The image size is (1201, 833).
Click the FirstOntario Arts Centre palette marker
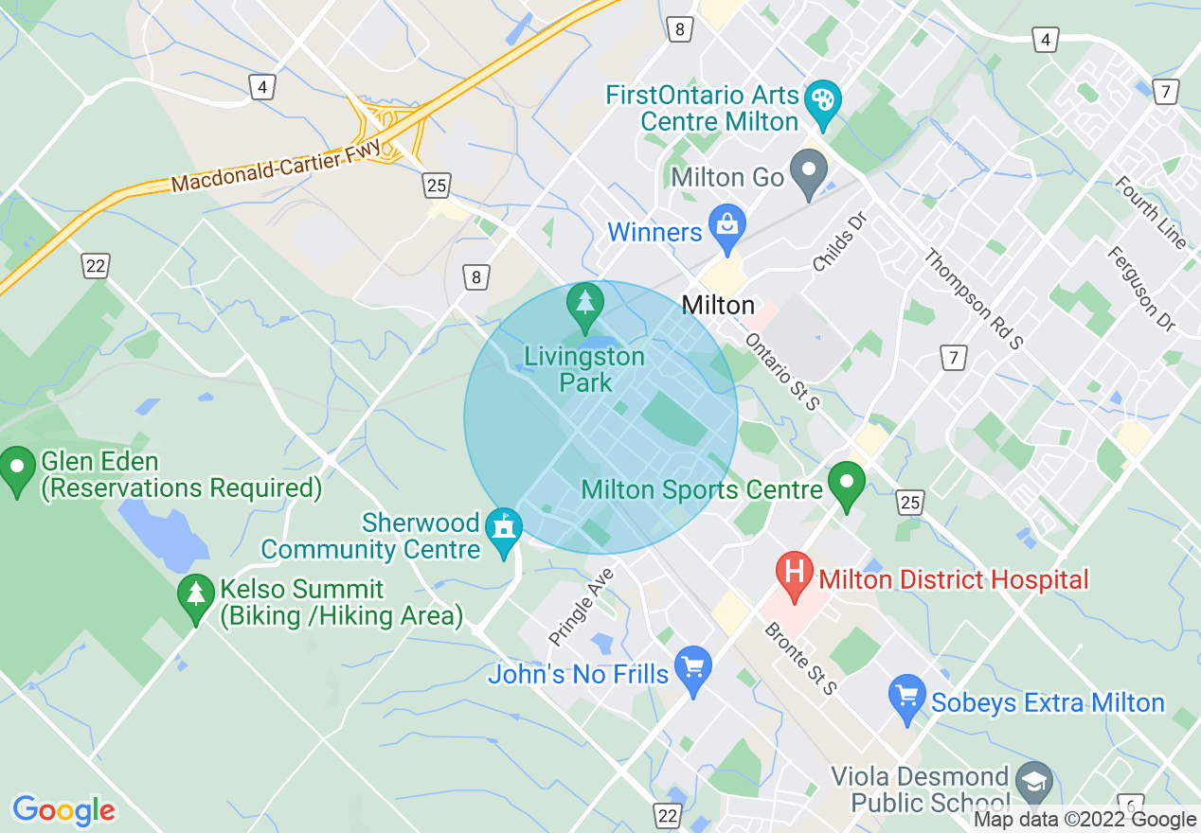pos(821,100)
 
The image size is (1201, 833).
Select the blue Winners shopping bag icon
pos(727,227)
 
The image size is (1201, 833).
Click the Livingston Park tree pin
pos(585,303)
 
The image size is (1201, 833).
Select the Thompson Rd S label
pos(973,299)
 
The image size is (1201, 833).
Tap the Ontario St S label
pos(782,372)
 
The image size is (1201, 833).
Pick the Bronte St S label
pos(801,657)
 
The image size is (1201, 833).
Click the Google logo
pos(63,810)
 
